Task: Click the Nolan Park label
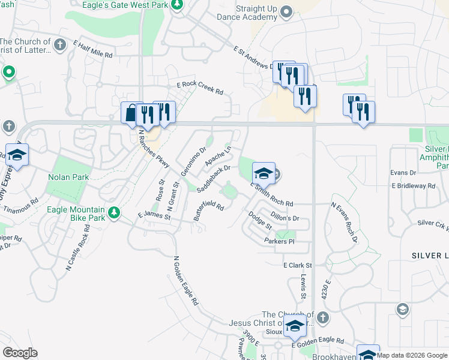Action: pos(68,177)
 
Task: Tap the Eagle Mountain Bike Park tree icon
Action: pos(113,212)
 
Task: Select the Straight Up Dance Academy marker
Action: pos(286,11)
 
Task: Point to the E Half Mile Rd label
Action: pos(93,49)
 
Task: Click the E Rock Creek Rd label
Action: pos(200,89)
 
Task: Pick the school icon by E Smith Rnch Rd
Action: pos(263,173)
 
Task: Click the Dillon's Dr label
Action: pos(285,217)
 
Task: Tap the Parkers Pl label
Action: pos(280,241)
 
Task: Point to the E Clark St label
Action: pos(298,265)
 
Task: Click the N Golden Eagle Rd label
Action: pos(185,281)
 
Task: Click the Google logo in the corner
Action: pos(20,353)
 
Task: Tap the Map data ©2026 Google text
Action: pos(412,355)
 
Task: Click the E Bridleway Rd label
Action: pos(414,187)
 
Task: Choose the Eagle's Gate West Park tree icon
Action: pos(177,5)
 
